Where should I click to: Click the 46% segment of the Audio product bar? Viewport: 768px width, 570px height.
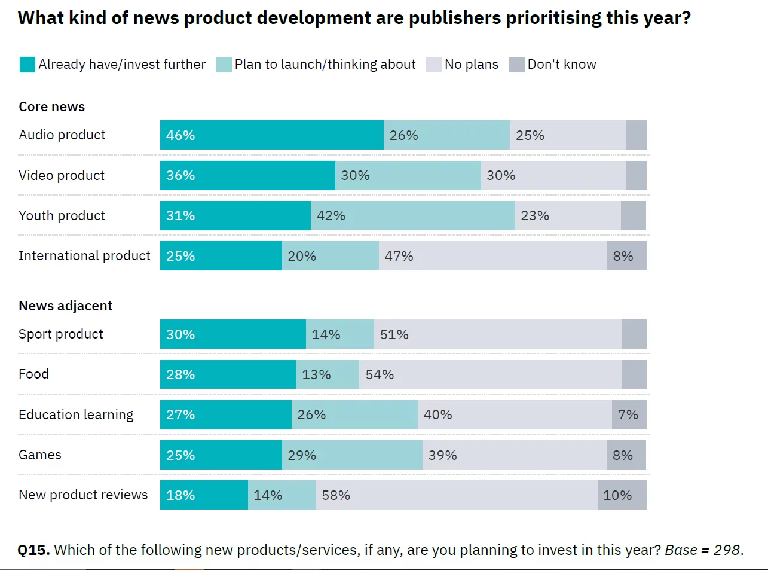pos(271,135)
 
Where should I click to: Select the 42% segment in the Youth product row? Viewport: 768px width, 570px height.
pos(412,216)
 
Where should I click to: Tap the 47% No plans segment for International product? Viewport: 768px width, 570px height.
pos(492,256)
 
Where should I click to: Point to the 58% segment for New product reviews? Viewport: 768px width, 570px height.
pos(456,495)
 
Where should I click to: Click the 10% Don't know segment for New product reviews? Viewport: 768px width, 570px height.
pos(622,495)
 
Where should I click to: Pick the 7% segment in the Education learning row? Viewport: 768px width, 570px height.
pos(629,415)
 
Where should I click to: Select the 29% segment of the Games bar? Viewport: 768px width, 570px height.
pos(352,455)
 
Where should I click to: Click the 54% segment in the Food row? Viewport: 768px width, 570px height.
pos(490,374)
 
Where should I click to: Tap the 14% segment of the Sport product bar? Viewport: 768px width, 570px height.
pos(339,334)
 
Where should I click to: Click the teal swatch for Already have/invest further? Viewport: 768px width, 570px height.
pos(27,65)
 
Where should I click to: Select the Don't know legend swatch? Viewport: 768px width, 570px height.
pos(516,65)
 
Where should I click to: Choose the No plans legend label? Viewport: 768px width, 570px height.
pos(471,65)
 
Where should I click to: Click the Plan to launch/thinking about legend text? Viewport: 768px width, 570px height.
pos(325,65)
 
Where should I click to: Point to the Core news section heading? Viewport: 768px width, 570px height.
pos(52,107)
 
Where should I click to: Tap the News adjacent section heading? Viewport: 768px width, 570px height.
pos(65,306)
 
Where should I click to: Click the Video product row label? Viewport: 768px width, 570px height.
pos(62,176)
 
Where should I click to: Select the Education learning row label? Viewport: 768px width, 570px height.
pos(76,415)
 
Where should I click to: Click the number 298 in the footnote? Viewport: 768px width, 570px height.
pos(727,550)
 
